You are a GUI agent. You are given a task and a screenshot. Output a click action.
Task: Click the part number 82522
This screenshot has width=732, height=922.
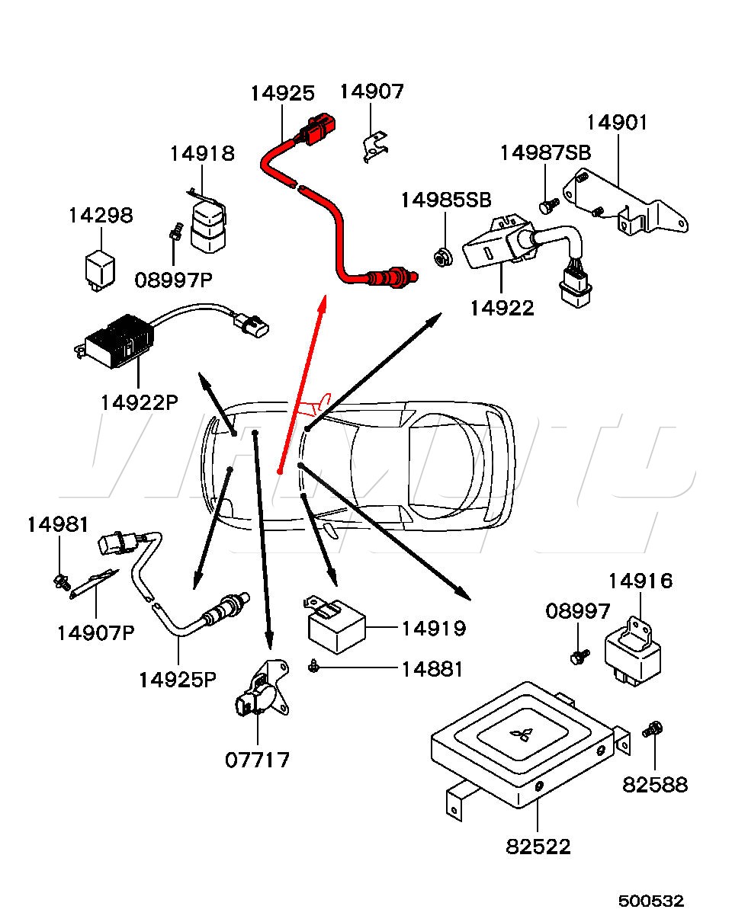point(538,846)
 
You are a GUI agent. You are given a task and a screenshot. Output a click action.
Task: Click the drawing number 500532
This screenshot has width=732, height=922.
point(651,901)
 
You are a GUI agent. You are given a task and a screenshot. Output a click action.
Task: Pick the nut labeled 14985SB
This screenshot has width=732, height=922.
point(440,258)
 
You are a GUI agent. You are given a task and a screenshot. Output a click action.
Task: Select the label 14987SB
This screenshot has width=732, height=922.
point(545,152)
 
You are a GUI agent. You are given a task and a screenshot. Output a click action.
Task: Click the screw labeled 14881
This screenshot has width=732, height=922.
point(314,667)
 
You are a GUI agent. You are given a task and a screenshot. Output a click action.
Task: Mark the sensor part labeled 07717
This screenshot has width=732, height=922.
point(262,692)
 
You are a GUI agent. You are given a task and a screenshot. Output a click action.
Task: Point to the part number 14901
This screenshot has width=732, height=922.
point(616,122)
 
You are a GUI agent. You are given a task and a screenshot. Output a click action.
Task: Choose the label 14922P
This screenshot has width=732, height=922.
point(138,402)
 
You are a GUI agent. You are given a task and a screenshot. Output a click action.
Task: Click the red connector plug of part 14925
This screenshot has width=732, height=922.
point(316,129)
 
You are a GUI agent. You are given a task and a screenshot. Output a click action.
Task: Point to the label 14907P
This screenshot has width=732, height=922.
point(95,632)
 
